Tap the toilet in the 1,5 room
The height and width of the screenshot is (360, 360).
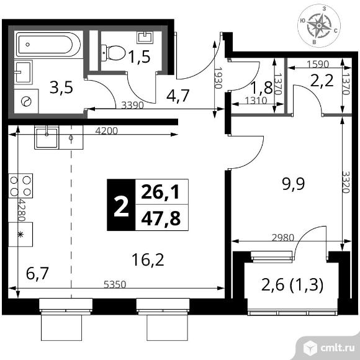[113, 53]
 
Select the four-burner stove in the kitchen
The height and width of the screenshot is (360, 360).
[20, 186]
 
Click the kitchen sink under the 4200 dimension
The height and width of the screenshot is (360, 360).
[47, 137]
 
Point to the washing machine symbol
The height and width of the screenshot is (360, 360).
[26, 101]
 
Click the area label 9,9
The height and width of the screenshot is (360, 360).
[293, 184]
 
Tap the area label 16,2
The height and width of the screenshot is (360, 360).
[148, 259]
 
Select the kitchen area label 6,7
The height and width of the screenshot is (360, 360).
[37, 274]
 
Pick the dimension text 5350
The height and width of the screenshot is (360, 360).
[115, 284]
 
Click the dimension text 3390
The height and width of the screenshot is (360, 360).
[132, 105]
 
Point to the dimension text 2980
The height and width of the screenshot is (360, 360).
[283, 238]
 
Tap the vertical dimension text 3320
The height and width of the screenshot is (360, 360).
[346, 182]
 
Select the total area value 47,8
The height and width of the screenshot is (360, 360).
[161, 218]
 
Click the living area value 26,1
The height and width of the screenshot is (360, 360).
[160, 192]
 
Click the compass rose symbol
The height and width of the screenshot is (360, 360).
[319, 25]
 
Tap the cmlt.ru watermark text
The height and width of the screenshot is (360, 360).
[337, 348]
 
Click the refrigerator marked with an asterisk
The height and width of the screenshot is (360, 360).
[20, 235]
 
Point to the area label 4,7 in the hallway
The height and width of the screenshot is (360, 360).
[178, 96]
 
